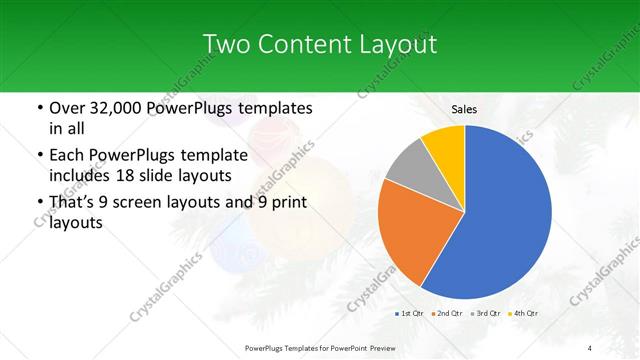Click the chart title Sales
[x=464, y=109]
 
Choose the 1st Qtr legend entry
[x=408, y=314]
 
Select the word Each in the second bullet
[x=67, y=155]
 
